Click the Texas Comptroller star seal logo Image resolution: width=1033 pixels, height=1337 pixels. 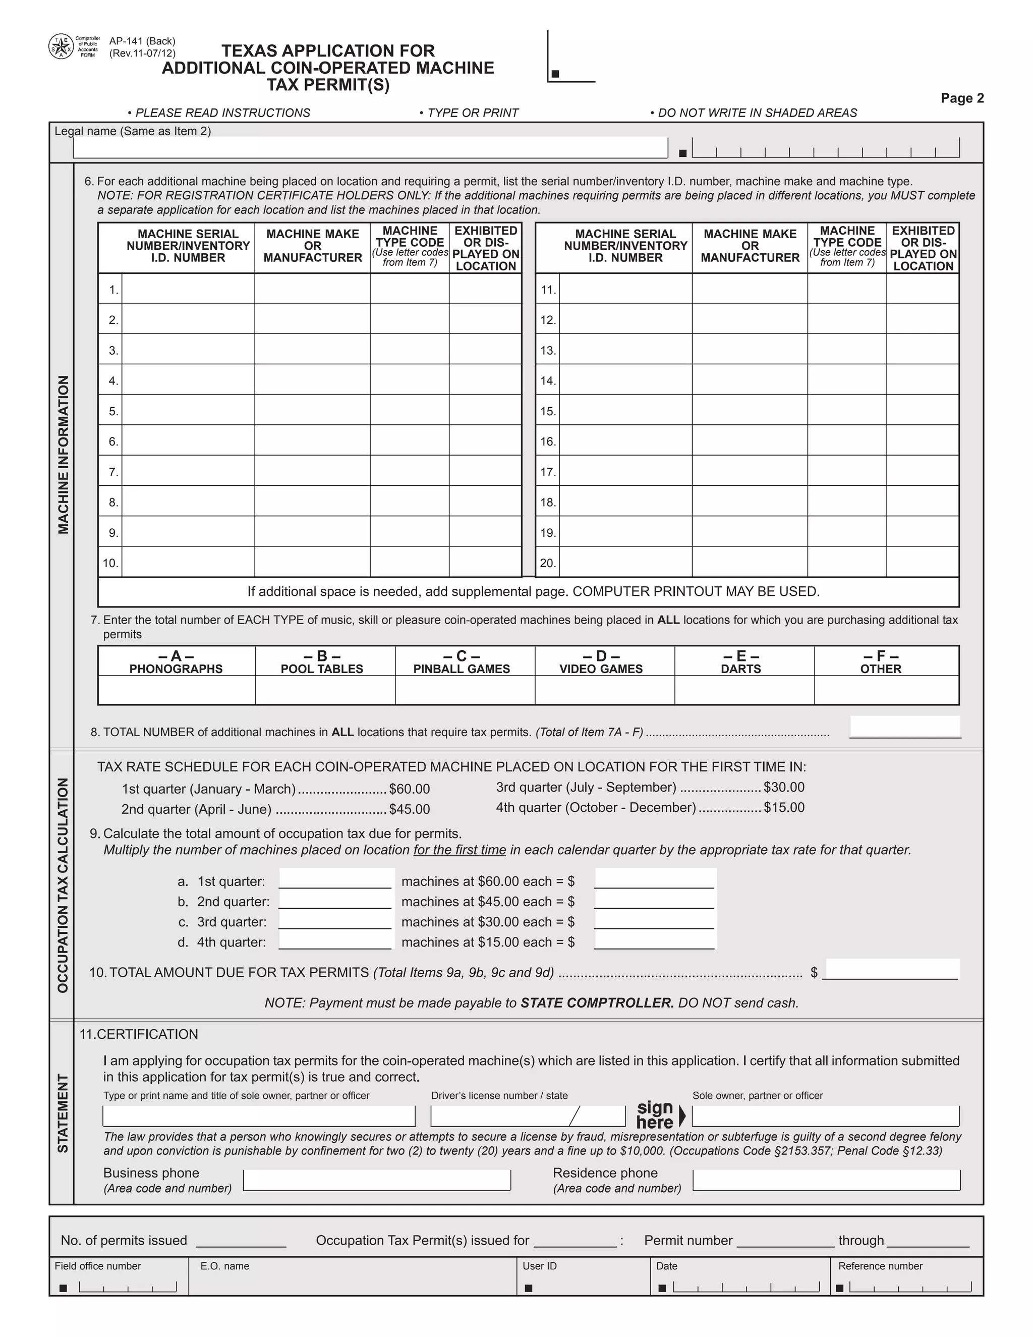61,46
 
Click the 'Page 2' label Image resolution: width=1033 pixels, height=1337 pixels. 962,98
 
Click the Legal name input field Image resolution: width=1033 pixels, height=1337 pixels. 370,147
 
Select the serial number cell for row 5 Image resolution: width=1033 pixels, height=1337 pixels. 188,410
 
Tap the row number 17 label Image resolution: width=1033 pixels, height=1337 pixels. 548,472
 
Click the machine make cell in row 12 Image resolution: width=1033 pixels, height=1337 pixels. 750,319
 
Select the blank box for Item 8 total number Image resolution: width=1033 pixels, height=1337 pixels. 904,727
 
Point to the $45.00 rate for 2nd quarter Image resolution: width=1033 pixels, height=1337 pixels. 410,809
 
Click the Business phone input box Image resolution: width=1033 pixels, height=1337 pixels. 376,1180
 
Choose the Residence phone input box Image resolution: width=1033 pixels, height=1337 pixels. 826,1180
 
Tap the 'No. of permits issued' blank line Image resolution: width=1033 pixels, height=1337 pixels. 241,1242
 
